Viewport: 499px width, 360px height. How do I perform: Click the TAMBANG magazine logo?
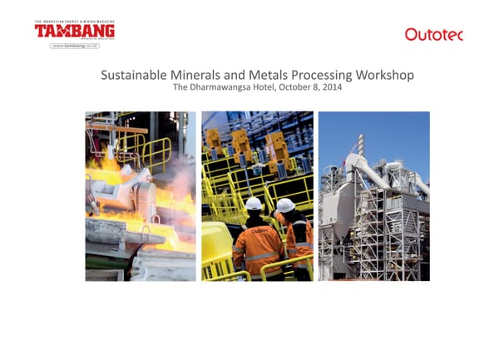click(x=74, y=32)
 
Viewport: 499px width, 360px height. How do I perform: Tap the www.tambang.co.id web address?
click(x=76, y=46)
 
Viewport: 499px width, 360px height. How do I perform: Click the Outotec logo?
click(x=433, y=34)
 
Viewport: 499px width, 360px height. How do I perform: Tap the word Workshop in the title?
click(x=385, y=76)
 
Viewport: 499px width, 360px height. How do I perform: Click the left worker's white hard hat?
click(x=254, y=204)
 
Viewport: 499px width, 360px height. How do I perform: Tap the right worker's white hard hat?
click(x=285, y=205)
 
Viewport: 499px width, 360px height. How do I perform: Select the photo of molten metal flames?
click(x=141, y=195)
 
